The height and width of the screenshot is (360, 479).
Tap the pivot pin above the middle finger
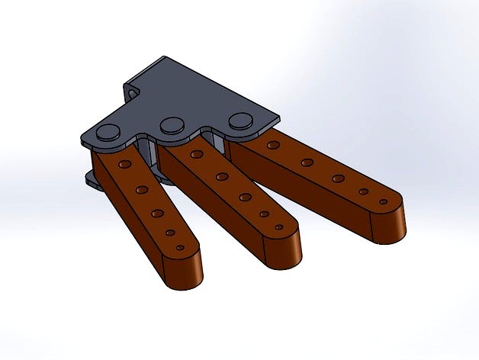pos(172,124)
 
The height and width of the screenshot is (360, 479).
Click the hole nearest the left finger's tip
pos(180,248)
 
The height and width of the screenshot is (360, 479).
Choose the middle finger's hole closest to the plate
pos(197,155)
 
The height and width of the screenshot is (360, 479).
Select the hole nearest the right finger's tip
pos(384,202)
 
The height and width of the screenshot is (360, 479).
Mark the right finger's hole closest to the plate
pos(272,144)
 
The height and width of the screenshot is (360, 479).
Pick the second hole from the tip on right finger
pos(364,191)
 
